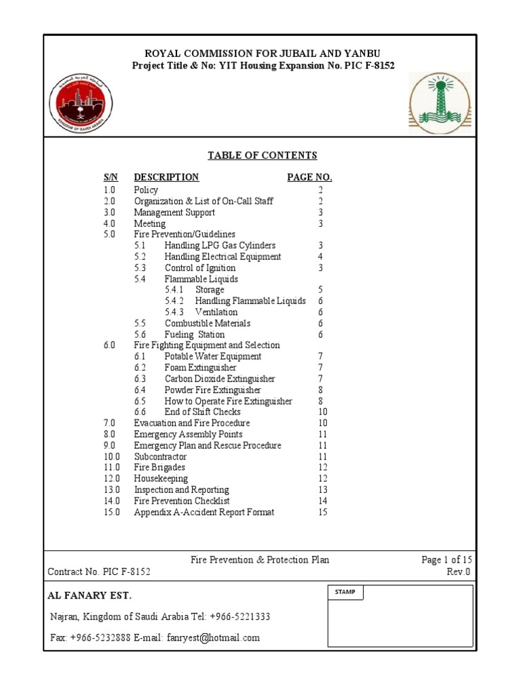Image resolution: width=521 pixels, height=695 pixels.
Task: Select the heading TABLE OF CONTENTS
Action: point(262,155)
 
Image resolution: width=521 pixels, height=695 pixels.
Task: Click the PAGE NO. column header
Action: point(309,177)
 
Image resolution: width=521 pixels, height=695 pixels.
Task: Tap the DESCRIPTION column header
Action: point(166,177)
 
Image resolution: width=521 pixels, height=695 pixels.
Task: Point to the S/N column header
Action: point(111,177)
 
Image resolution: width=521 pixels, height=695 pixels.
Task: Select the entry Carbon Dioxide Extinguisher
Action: point(220,379)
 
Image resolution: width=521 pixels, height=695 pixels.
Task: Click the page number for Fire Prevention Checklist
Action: point(322,501)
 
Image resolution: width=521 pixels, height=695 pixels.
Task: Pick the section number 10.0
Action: point(112,457)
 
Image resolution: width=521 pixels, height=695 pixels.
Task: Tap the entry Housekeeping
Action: point(161,478)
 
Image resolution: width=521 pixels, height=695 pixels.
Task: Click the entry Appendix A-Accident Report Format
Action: point(204,512)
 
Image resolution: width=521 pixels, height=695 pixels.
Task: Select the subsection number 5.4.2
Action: point(175,301)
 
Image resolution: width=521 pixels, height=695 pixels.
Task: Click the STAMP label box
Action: point(345,593)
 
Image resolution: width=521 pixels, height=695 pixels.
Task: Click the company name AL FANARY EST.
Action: point(90,596)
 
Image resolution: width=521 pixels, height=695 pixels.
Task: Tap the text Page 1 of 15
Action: point(446,560)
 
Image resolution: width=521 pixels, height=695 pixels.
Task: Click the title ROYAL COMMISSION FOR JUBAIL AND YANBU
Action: point(262,54)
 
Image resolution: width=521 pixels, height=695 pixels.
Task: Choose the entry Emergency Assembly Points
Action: point(188,434)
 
